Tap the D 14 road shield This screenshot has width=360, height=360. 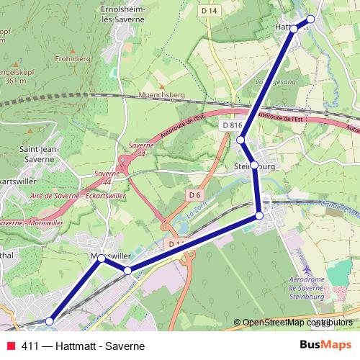[x=210, y=11]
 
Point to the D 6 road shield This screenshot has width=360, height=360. [x=194, y=194]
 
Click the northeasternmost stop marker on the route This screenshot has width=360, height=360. [x=311, y=19]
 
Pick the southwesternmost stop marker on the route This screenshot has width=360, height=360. [x=50, y=321]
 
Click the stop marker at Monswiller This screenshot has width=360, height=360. [x=102, y=258]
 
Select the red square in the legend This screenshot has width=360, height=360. [x=11, y=346]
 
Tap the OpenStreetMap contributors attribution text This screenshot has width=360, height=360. [x=298, y=323]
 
